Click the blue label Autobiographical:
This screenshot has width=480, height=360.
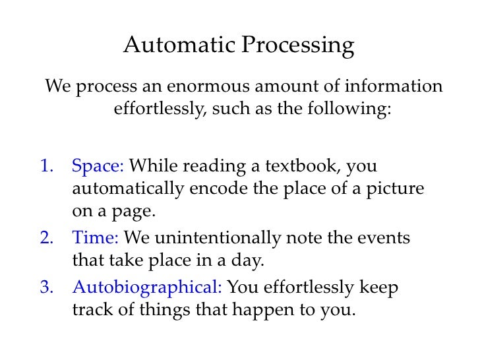click(148, 287)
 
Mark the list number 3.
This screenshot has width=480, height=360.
click(47, 287)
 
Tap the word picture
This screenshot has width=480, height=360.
click(396, 190)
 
